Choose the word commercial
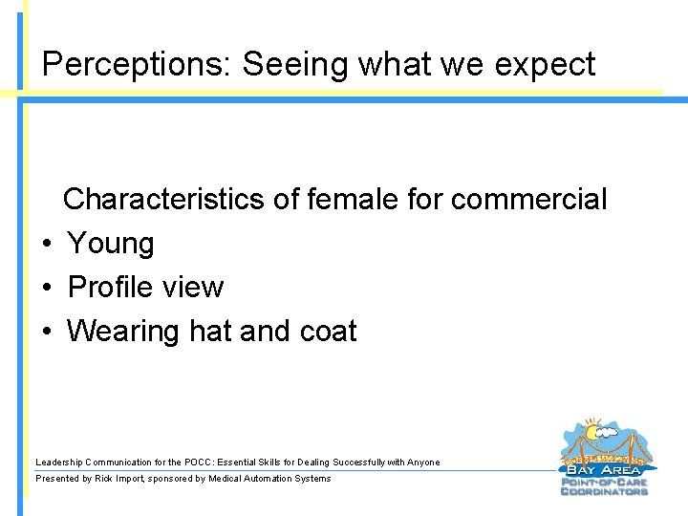(528, 200)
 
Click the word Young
(111, 245)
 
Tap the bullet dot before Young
(46, 245)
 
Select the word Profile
(111, 288)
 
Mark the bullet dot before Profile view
(46, 288)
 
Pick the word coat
(327, 332)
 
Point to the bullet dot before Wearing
(46, 332)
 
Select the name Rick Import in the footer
(119, 479)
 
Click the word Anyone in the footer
(422, 462)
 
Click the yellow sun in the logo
(592, 431)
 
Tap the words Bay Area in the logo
(603, 469)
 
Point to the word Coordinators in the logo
(603, 492)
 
